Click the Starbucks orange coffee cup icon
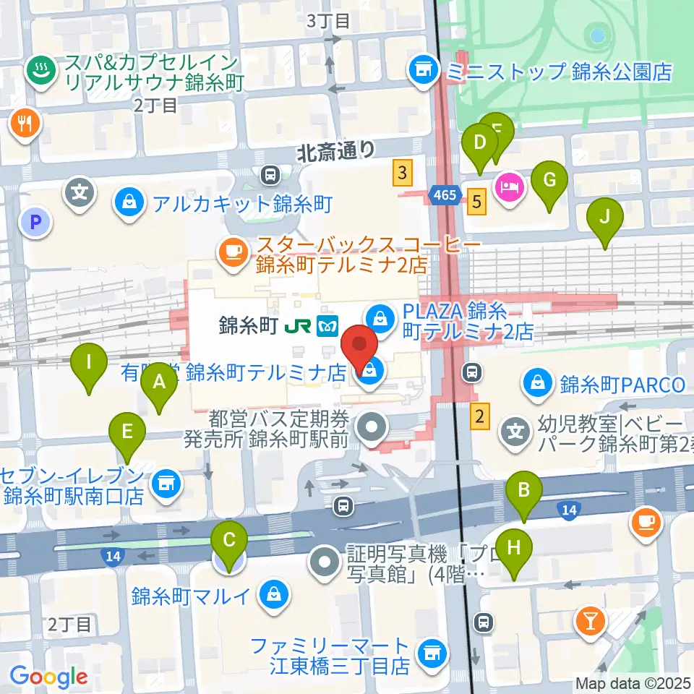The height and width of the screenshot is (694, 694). pos(231,251)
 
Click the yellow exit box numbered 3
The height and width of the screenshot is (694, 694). pos(403,173)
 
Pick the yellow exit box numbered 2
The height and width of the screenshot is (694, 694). pos(479,416)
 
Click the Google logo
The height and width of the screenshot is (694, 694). pos(48,677)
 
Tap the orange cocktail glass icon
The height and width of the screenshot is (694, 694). pos(589,620)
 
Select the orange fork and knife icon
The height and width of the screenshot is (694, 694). pos(25,123)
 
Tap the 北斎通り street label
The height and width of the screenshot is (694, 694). pos(336,150)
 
